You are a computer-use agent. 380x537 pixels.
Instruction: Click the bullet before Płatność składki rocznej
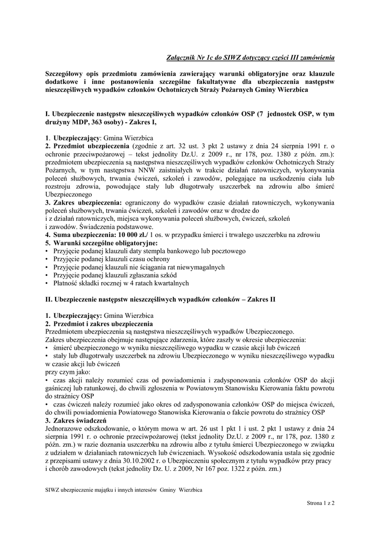point(47,283)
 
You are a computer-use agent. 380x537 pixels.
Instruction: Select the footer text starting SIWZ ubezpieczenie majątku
point(124,489)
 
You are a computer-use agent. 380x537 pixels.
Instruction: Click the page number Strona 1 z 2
point(321,503)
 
